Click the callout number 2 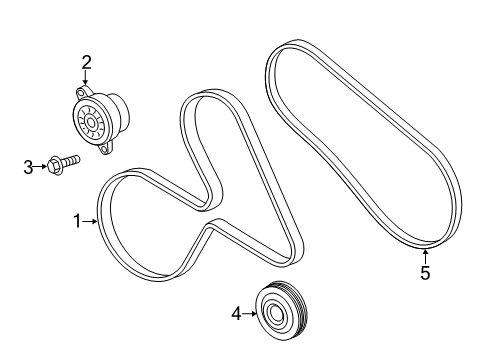pos(86,63)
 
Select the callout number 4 pos(237,314)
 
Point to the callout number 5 pos(425,273)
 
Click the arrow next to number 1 pos(90,222)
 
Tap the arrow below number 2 pos(86,80)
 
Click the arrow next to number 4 pos(250,314)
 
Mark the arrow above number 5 pos(425,255)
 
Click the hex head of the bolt pos(55,163)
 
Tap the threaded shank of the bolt pos(72,159)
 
